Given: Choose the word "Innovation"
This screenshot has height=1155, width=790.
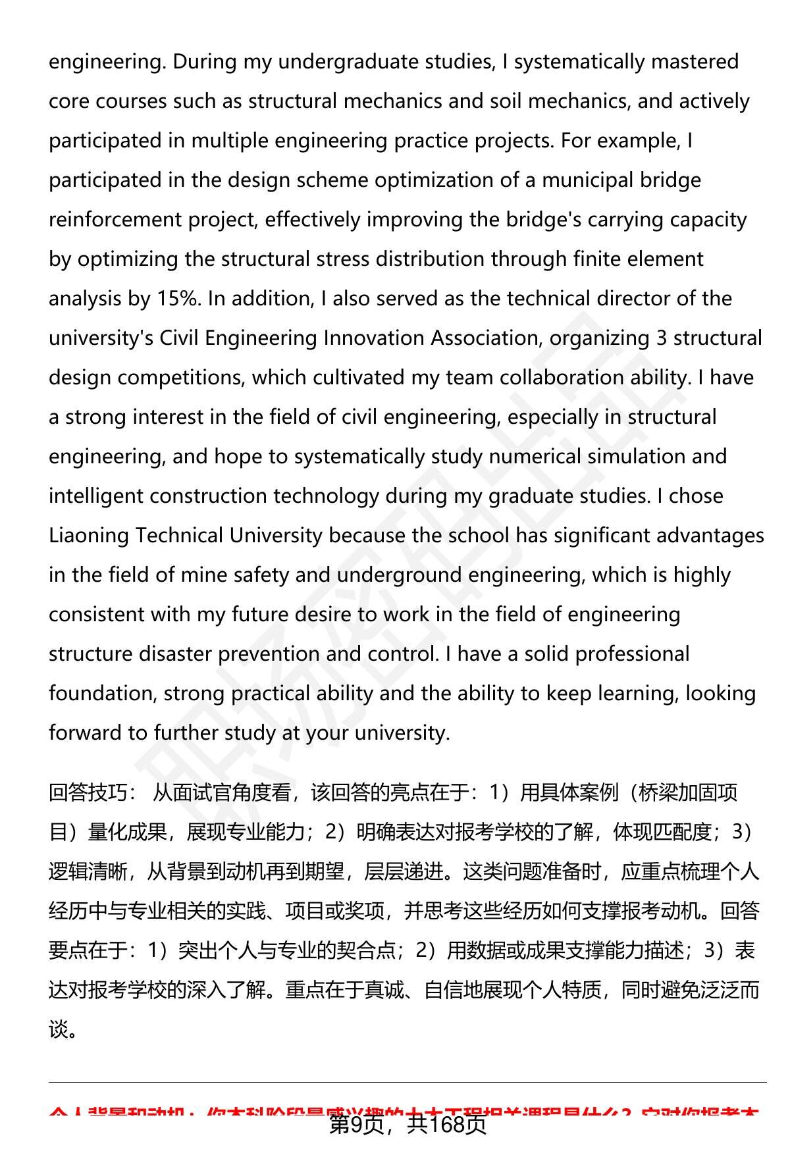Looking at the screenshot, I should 373,338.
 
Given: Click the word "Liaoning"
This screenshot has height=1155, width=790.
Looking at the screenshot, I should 89,536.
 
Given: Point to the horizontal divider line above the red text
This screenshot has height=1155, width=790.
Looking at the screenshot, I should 408,1082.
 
